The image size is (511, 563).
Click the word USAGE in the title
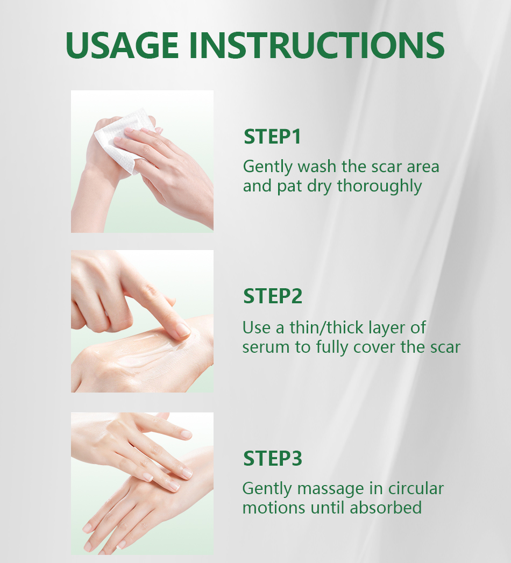[x=122, y=45]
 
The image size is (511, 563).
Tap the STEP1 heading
[x=272, y=137]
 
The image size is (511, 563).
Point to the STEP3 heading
[x=273, y=458]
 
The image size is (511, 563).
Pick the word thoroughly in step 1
[x=379, y=187]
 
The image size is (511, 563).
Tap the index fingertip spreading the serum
[x=183, y=330]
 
